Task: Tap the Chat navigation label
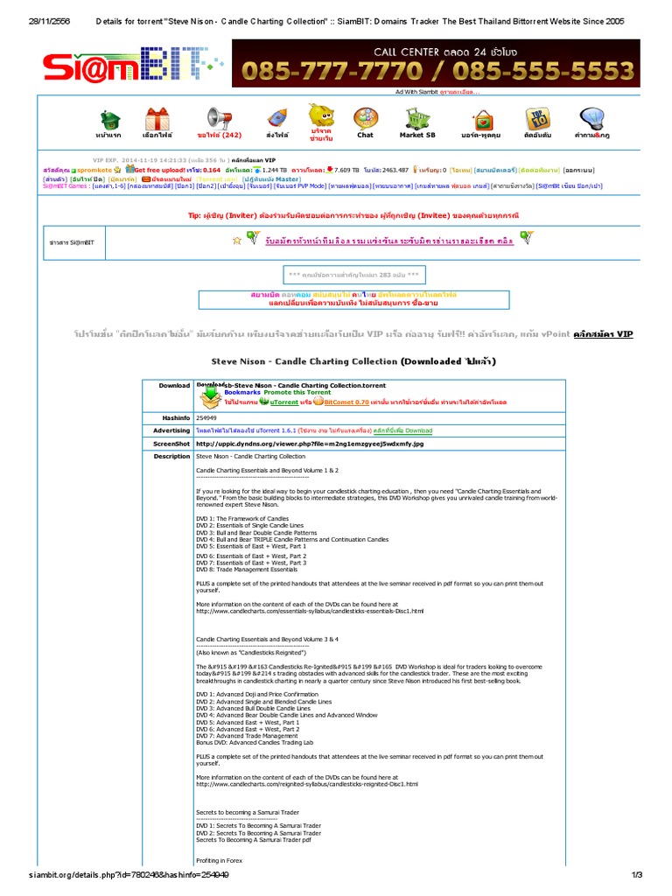tap(365, 136)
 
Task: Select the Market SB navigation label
tap(417, 136)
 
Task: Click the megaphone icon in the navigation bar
tap(218, 118)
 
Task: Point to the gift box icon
tap(157, 119)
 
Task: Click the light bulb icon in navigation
tap(591, 118)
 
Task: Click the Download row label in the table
tap(174, 385)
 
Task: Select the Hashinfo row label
tap(176, 418)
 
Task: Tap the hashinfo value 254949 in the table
tap(206, 418)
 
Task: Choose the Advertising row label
tap(171, 430)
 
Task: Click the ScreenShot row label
tap(173, 444)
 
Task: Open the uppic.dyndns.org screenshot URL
tap(310, 444)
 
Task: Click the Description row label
tap(171, 457)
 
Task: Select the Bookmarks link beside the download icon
tap(241, 393)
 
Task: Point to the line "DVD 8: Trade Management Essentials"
tap(247, 570)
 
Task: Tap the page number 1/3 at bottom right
tap(636, 874)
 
